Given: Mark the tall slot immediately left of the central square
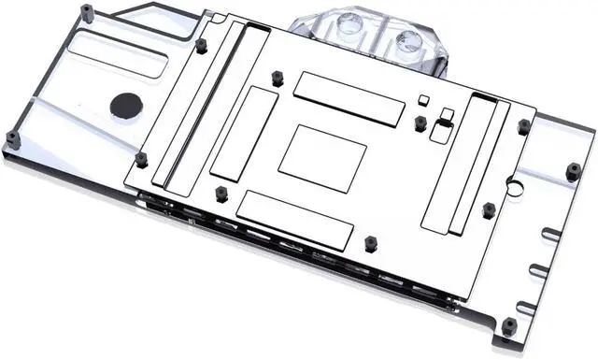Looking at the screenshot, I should click(244, 135).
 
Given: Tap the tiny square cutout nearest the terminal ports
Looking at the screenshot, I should click(423, 98).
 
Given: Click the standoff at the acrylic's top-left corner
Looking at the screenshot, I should click(86, 12).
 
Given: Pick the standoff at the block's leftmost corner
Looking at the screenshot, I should click(12, 139).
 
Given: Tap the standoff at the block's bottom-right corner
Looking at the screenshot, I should click(509, 326).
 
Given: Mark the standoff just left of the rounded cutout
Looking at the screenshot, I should click(420, 122).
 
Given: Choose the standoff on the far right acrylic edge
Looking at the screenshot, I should click(573, 170).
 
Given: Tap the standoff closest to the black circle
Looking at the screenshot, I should click(141, 159).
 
